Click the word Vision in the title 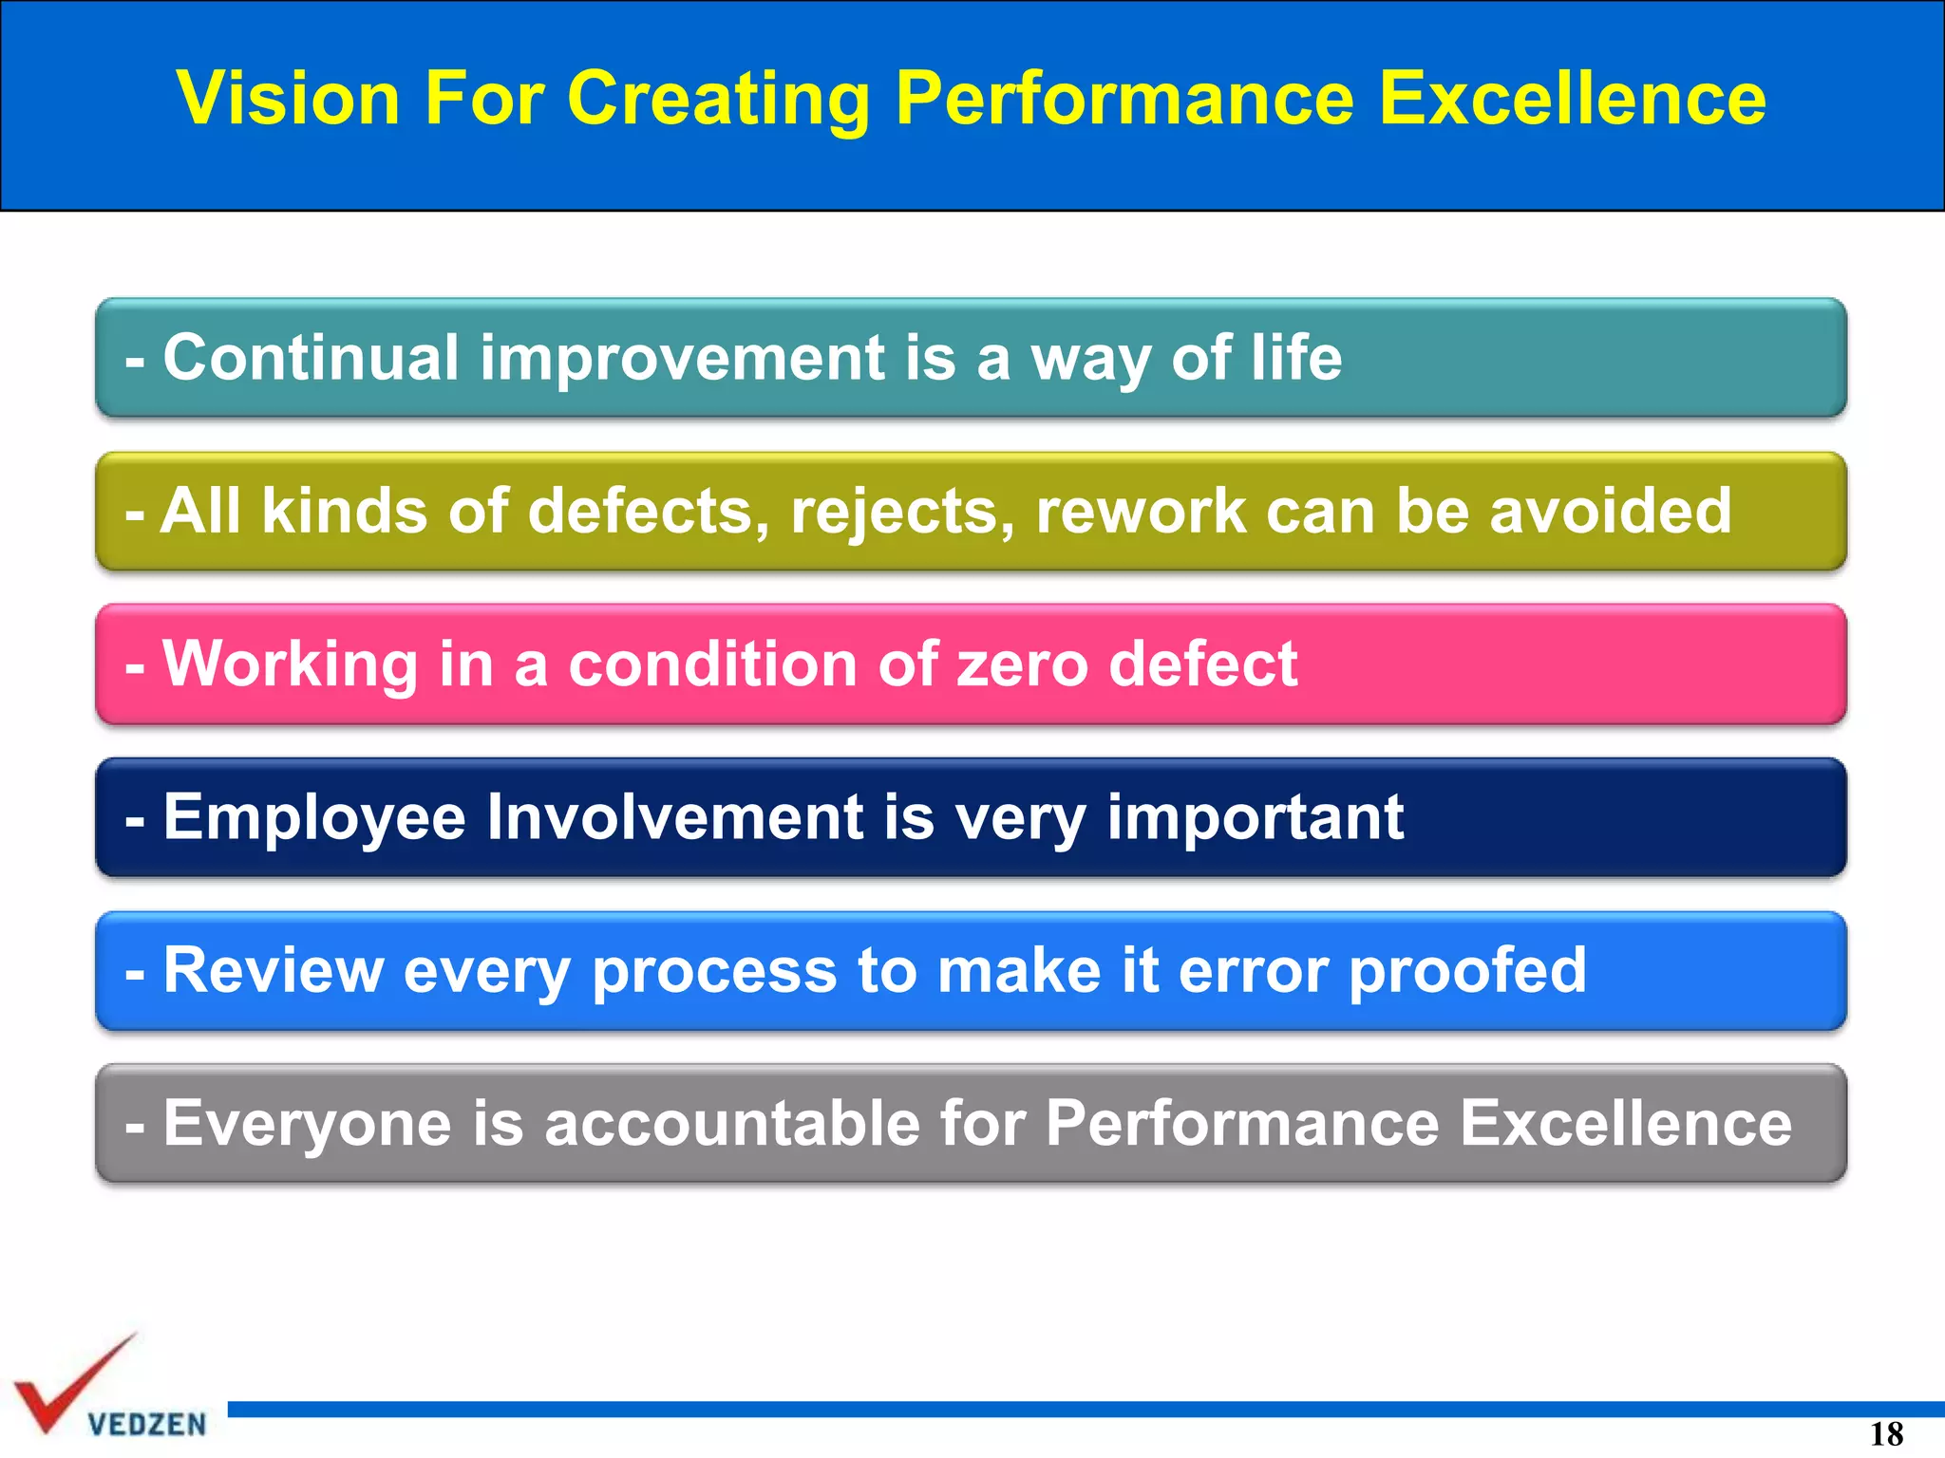[288, 98]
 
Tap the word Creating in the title [718, 98]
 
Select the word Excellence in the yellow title [1572, 98]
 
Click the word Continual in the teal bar [311, 358]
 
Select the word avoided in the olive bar [1611, 512]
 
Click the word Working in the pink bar [290, 664]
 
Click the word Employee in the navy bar [313, 817]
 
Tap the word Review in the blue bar [273, 970]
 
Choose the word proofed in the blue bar [1467, 970]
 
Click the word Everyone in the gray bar [306, 1123]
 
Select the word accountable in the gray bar [732, 1123]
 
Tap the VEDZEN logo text [146, 1424]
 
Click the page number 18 [1886, 1433]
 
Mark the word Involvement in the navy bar [674, 817]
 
